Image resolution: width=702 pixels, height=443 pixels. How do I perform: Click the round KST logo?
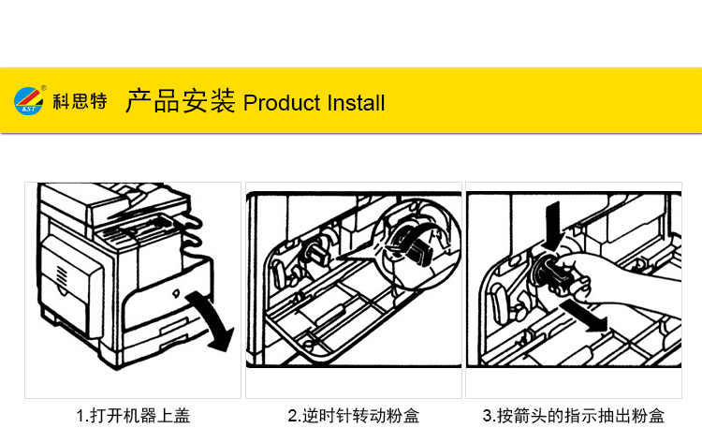coord(29,101)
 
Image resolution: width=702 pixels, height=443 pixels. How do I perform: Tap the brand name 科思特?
coord(80,101)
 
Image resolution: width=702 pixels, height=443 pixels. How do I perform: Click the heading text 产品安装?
coord(181,101)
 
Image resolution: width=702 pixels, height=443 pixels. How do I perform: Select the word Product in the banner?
coord(282,103)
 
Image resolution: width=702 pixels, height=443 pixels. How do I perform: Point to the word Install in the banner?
coord(356,103)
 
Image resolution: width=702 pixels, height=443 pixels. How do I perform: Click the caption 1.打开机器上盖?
coord(134,416)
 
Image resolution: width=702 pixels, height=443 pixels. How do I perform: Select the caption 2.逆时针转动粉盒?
coord(354,416)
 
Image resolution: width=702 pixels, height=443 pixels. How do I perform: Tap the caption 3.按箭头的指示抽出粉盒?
coord(574,416)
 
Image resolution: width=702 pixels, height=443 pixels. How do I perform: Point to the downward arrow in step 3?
coord(553,226)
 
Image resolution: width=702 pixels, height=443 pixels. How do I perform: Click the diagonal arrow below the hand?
coord(585,316)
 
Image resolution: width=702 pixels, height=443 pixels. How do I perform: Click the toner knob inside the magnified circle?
coord(414,246)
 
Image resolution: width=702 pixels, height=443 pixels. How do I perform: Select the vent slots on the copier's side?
coord(61,274)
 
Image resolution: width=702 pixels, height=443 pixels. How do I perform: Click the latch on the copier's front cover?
coord(176,294)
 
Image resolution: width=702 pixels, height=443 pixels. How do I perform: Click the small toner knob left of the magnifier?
coord(317,253)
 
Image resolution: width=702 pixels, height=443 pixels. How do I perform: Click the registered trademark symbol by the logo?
coord(44,88)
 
